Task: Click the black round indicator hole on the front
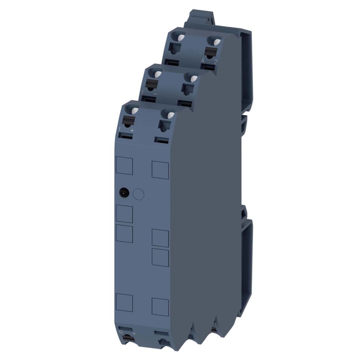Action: [122, 193]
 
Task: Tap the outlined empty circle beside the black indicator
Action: [139, 194]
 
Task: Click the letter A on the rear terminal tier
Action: [202, 60]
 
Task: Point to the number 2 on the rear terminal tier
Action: [215, 62]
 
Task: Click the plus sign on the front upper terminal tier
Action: [132, 130]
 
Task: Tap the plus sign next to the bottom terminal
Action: [133, 332]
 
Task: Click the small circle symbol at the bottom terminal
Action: [121, 332]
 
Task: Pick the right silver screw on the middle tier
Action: [193, 78]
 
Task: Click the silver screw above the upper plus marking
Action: [131, 109]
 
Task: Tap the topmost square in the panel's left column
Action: [125, 165]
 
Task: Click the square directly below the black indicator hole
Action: [125, 214]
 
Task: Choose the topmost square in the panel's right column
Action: [160, 169]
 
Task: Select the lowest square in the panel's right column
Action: [160, 306]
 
